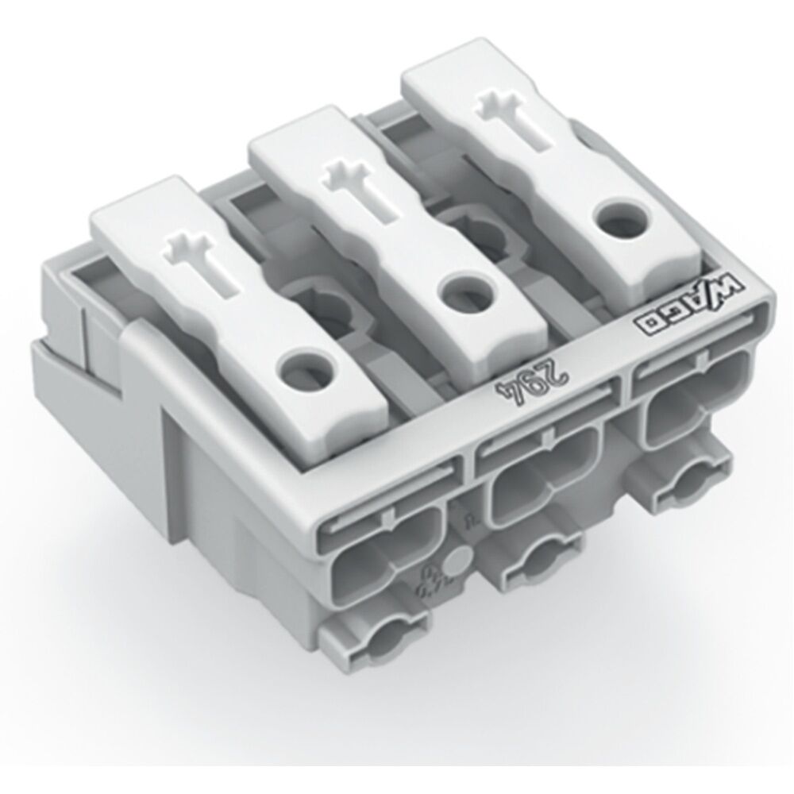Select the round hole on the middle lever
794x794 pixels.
(460, 294)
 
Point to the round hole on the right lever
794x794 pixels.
(616, 217)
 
